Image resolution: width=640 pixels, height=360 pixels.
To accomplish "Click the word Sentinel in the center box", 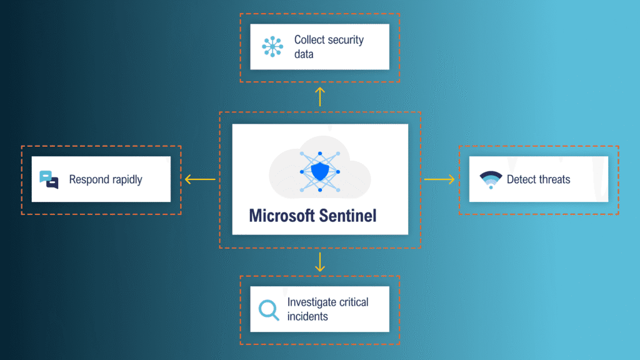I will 347,216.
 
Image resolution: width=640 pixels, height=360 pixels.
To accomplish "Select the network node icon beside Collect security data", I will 272,47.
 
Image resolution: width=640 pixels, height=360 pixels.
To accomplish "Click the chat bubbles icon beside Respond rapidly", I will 49,179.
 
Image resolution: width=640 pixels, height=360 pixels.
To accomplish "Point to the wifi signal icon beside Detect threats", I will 491,179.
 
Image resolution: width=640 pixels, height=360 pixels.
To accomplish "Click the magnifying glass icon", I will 269,309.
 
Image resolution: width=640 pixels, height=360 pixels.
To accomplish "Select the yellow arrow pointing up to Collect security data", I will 320,96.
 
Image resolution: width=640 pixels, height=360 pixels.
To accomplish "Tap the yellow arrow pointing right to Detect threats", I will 439,180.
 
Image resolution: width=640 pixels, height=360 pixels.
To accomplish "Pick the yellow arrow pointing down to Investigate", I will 320,262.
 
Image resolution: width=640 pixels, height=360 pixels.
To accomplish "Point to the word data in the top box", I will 304,54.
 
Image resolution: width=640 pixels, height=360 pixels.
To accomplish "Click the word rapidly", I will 126,180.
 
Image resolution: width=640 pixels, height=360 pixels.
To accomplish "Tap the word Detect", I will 521,180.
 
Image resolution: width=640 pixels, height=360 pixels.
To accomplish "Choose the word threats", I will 554,180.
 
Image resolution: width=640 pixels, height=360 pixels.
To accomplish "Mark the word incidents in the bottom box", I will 307,316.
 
